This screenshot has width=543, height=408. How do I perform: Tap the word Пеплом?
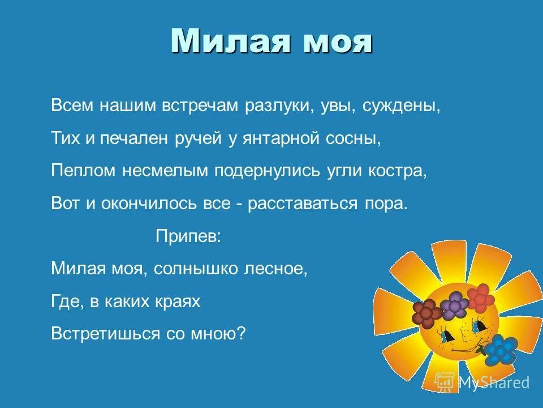pyautogui.click(x=82, y=172)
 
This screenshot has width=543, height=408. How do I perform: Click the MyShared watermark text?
pyautogui.click(x=493, y=383)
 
